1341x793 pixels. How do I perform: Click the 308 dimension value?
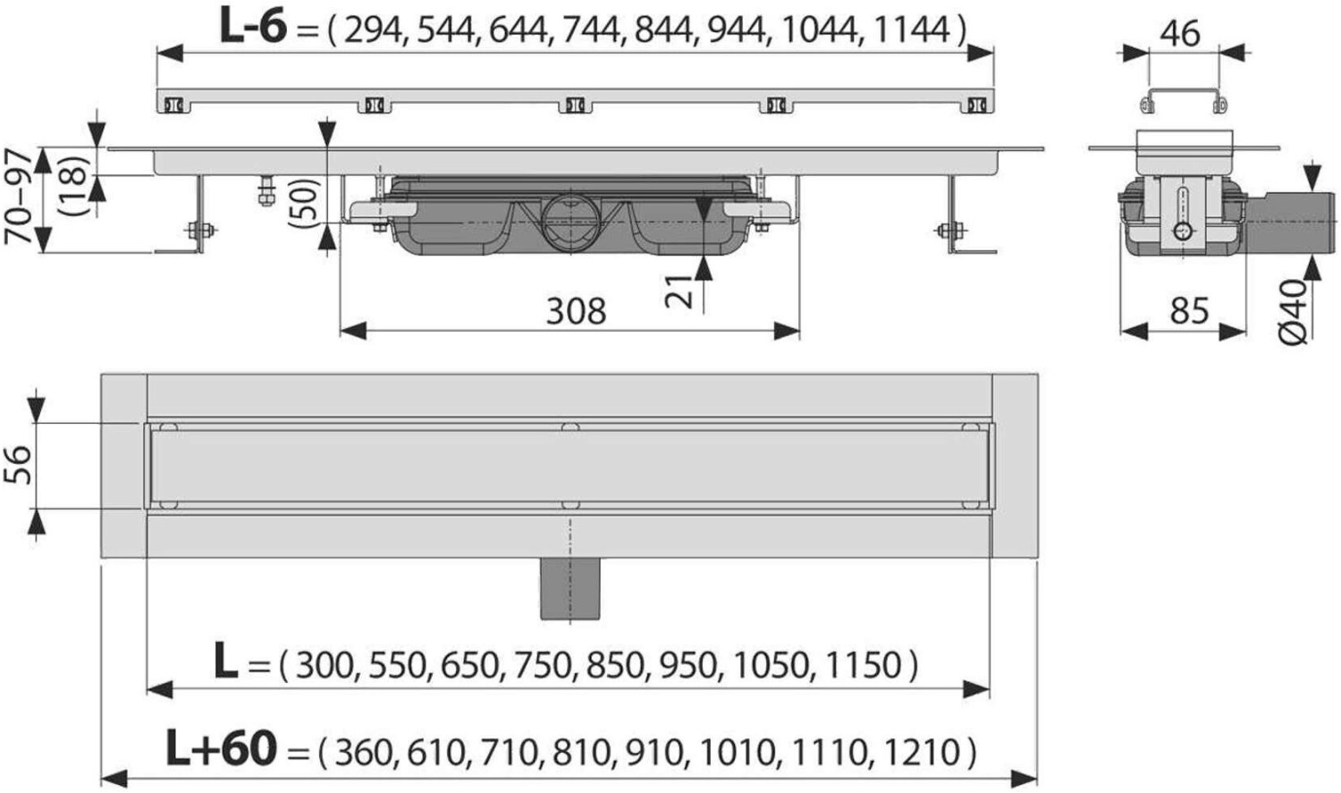(576, 311)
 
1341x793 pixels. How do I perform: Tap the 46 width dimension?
(1180, 33)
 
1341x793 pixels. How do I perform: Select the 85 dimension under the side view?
(1189, 310)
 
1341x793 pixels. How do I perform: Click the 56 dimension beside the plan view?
(17, 464)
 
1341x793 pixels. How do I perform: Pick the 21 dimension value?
(679, 291)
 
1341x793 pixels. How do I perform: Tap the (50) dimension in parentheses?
(304, 203)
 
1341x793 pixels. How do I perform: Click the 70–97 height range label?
(18, 198)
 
